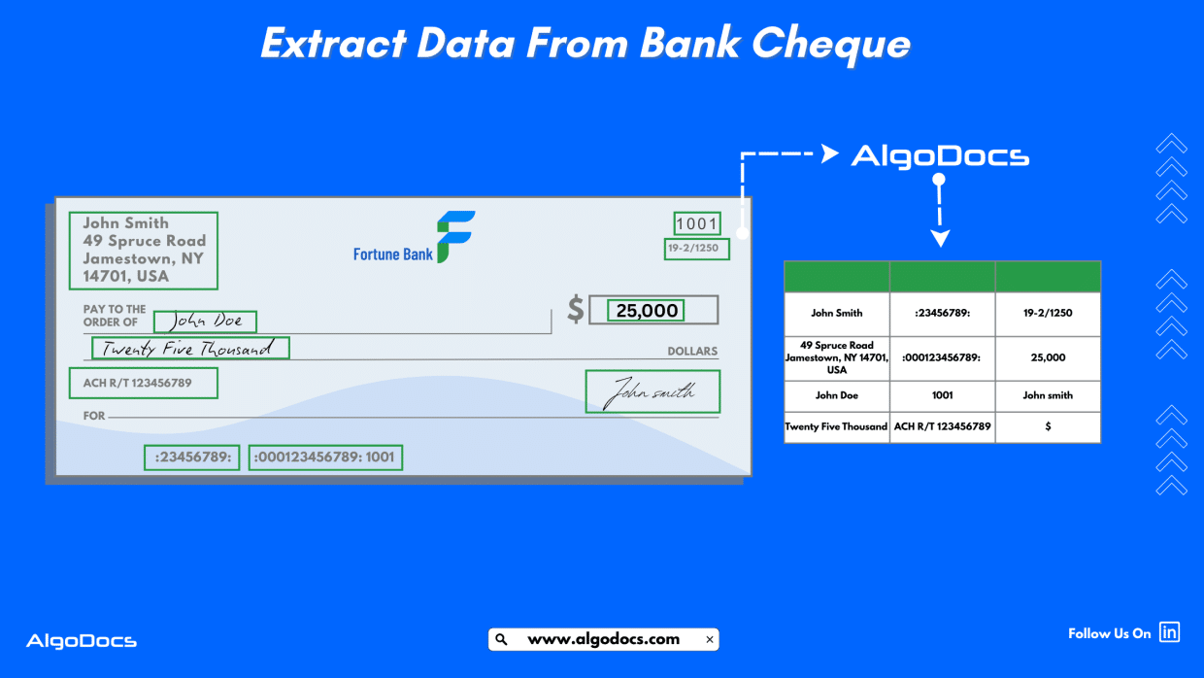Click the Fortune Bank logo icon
pos(454,236)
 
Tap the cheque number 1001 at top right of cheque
pos(696,223)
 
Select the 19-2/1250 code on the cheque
pos(693,249)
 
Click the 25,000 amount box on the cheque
pos(647,310)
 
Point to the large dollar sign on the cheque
pos(576,310)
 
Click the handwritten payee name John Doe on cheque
pos(205,321)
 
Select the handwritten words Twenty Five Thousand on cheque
pos(190,348)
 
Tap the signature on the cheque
pos(652,391)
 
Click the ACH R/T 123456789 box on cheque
pos(143,383)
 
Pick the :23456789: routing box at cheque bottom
pos(192,458)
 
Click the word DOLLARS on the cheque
pos(692,352)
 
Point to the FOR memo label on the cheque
pos(94,416)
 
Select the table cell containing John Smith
pos(837,314)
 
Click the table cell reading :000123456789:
pos(942,357)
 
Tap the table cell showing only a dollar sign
pos(1048,426)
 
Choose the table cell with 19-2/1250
pos(1048,314)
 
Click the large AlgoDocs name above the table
pos(940,156)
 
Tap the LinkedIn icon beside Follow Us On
pos(1170,632)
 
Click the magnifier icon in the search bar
pos(501,639)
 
